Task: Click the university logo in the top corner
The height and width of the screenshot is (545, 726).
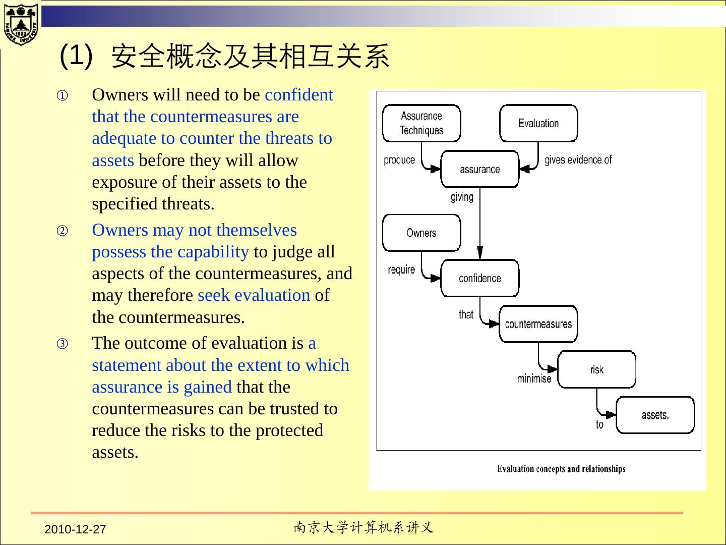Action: point(21,24)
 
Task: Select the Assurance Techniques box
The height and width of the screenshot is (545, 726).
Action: point(421,123)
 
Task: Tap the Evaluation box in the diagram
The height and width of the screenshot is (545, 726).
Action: point(538,123)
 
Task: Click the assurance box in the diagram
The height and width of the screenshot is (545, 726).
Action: point(479,169)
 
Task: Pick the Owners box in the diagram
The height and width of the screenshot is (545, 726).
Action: point(421,233)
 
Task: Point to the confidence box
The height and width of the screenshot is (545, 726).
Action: point(479,278)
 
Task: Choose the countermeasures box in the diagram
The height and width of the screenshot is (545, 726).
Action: point(538,324)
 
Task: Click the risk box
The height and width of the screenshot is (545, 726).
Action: point(596,369)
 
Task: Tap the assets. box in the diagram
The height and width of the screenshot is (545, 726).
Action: point(655,415)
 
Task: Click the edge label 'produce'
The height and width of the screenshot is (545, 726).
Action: point(399,160)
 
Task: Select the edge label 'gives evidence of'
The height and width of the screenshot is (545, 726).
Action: point(578,160)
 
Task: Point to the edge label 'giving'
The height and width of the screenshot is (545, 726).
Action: point(462,197)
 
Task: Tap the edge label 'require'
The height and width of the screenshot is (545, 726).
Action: point(401,269)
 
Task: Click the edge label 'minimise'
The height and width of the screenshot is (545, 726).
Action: point(534,378)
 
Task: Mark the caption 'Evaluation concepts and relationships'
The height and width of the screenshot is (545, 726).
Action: point(561,469)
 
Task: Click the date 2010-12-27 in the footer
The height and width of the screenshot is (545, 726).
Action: point(75,529)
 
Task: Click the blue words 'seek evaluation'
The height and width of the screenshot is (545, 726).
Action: point(254,295)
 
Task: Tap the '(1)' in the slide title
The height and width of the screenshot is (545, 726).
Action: point(76,54)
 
